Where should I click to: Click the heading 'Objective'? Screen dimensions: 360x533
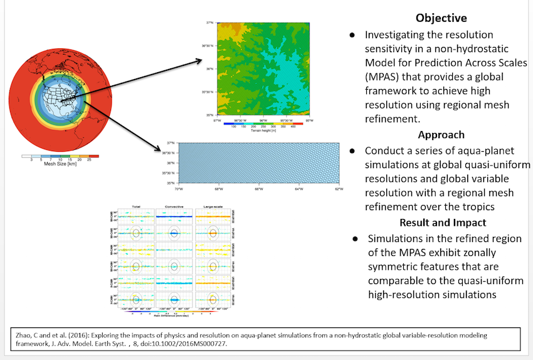pyautogui.click(x=441, y=18)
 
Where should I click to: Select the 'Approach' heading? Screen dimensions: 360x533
pyautogui.click(x=441, y=134)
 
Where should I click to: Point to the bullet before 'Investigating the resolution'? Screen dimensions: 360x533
pyautogui.click(x=353, y=34)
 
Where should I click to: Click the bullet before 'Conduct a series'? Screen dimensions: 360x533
pyautogui.click(x=353, y=151)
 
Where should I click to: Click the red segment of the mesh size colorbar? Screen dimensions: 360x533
pyautogui.click(x=93, y=155)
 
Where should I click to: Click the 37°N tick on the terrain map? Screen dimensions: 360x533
pyautogui.click(x=210, y=23)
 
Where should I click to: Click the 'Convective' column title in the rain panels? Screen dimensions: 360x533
pyautogui.click(x=174, y=206)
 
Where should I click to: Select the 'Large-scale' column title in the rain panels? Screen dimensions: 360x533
pyautogui.click(x=213, y=206)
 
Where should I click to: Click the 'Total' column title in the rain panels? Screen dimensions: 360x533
pyautogui.click(x=135, y=206)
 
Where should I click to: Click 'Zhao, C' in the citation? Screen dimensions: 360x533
pyautogui.click(x=23, y=336)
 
